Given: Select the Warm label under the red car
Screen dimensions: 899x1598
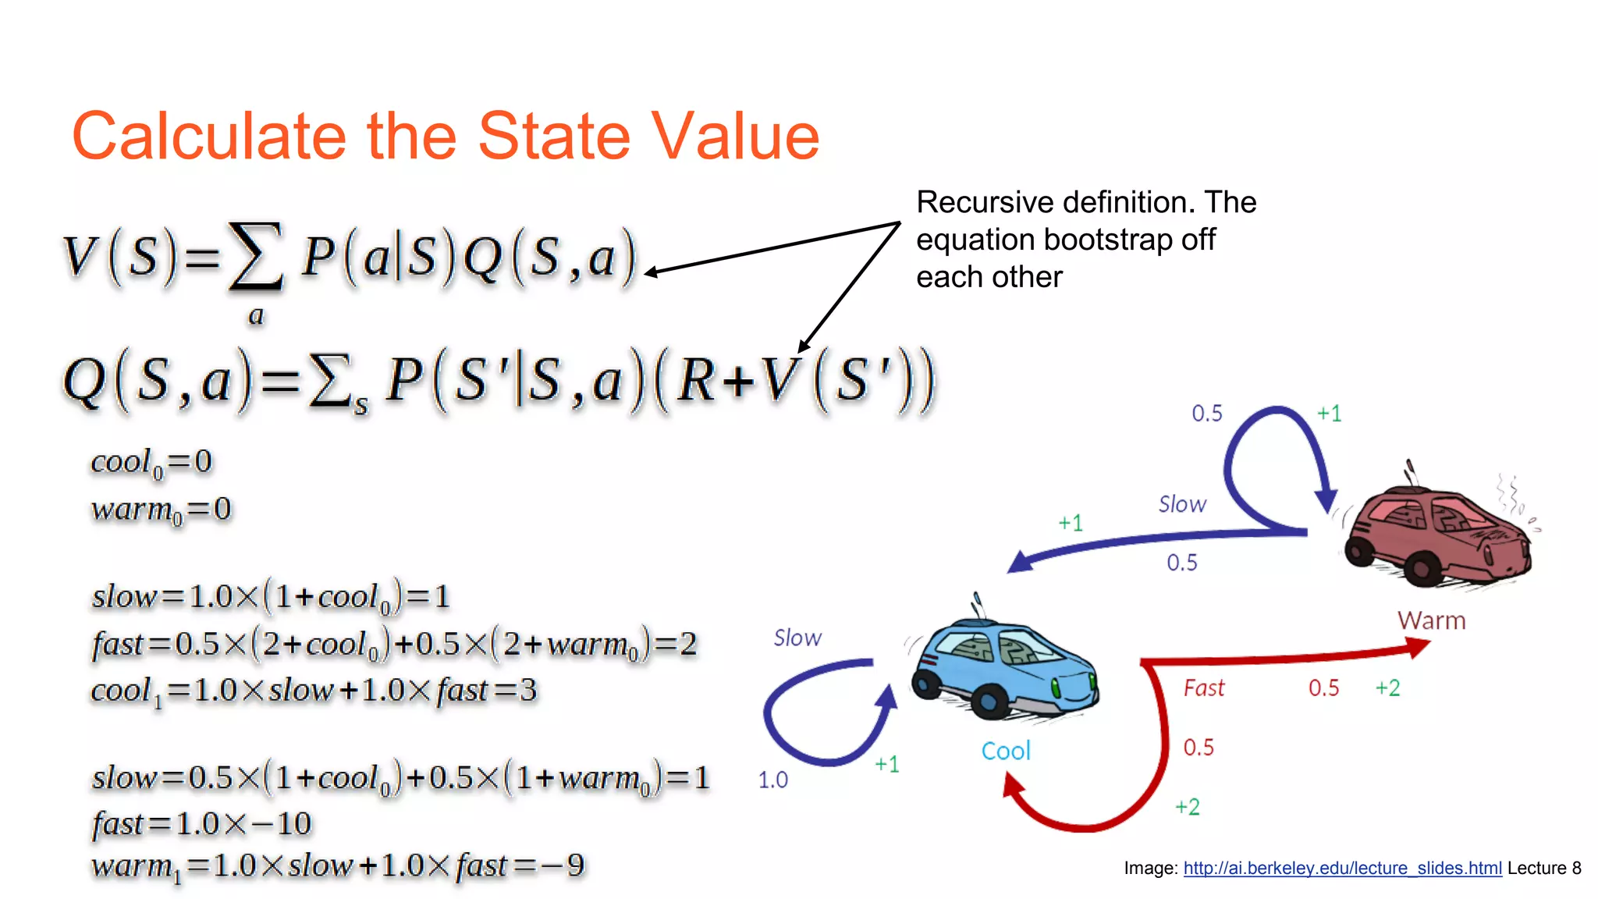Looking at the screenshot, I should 1431,621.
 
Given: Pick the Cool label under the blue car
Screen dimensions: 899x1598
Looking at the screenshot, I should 1005,752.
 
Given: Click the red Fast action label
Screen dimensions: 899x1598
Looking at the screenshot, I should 1203,688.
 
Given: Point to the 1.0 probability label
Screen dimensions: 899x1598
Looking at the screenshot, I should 772,780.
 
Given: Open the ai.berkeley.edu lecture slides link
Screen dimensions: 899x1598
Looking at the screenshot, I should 1342,869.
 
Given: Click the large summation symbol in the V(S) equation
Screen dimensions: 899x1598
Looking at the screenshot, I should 254,258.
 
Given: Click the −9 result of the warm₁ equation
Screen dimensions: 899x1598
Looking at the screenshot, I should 566,865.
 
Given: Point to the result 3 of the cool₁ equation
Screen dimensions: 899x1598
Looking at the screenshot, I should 528,691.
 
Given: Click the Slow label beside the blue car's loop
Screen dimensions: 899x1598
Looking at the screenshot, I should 797,638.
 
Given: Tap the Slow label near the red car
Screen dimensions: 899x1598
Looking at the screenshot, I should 1181,505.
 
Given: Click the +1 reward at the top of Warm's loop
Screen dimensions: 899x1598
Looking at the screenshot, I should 1329,414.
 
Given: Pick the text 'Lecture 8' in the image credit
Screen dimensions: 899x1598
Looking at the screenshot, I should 1543,869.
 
